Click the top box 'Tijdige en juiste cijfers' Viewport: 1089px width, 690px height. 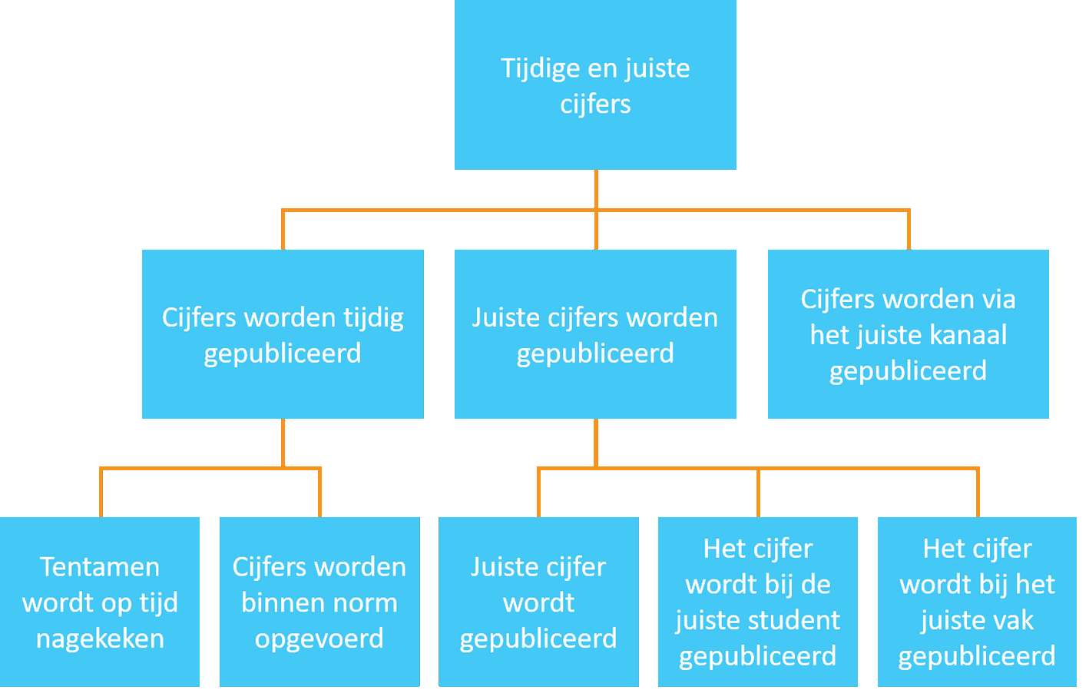(x=595, y=85)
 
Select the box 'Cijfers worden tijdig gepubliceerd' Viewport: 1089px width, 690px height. (x=283, y=334)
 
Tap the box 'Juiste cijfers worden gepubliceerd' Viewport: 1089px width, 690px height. (x=595, y=334)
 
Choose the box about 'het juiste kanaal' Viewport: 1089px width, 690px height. (x=909, y=334)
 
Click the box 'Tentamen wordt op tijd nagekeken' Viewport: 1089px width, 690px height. (x=100, y=602)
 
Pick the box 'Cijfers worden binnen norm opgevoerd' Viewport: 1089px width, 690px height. (x=319, y=602)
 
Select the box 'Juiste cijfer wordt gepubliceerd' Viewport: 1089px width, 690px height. (x=538, y=602)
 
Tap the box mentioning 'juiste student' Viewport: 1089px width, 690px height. (x=758, y=602)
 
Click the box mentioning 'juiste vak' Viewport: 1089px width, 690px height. (x=977, y=602)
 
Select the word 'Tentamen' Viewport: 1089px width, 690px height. (x=100, y=567)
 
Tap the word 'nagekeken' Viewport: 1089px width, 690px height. (x=100, y=639)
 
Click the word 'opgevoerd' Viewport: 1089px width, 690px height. (x=319, y=639)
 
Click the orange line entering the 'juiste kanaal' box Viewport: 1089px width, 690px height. (x=909, y=231)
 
